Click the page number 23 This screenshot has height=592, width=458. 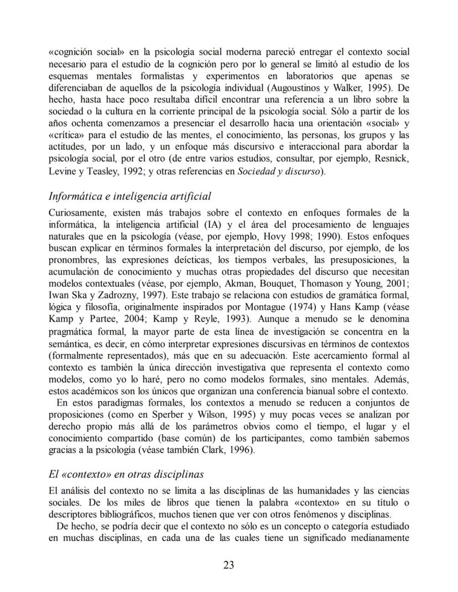coord(228,564)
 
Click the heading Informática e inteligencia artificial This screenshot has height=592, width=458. coord(130,196)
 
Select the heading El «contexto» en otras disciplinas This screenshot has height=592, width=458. coord(126,474)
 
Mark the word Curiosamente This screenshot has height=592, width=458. coord(77,212)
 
